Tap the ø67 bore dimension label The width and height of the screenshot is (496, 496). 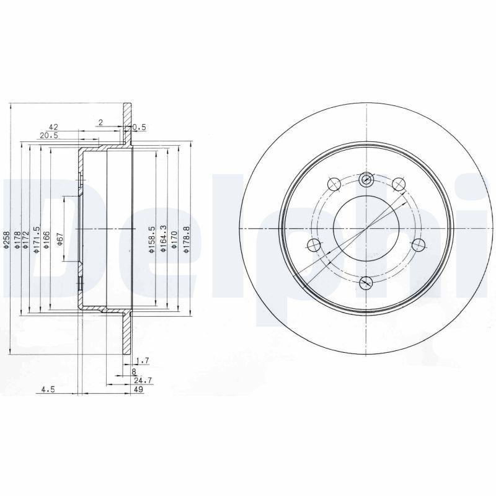(x=60, y=239)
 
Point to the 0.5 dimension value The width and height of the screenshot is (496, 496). (x=140, y=127)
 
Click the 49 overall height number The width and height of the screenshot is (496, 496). (x=139, y=389)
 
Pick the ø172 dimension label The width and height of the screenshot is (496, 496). (x=27, y=241)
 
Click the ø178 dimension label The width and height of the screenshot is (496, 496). (x=17, y=241)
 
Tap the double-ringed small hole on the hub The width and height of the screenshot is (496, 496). (x=366, y=180)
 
